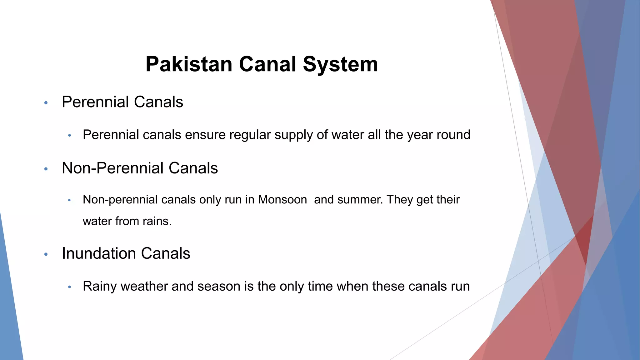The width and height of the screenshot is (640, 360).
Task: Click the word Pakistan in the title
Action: tap(189, 64)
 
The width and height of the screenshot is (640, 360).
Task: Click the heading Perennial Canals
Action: tap(122, 102)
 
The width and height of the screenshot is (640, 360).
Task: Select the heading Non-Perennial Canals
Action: tap(140, 168)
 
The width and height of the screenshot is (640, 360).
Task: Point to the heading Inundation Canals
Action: tap(126, 253)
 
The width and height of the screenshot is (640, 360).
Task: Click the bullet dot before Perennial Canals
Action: tap(46, 103)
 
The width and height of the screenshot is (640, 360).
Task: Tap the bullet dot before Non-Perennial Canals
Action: tap(46, 169)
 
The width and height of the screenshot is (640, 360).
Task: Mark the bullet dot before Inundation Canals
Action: tap(46, 254)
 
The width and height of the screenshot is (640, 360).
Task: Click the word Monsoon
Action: tap(282, 200)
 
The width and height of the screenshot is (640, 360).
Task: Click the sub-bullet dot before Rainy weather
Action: tap(70, 287)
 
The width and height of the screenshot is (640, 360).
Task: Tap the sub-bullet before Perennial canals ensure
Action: tap(70, 136)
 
